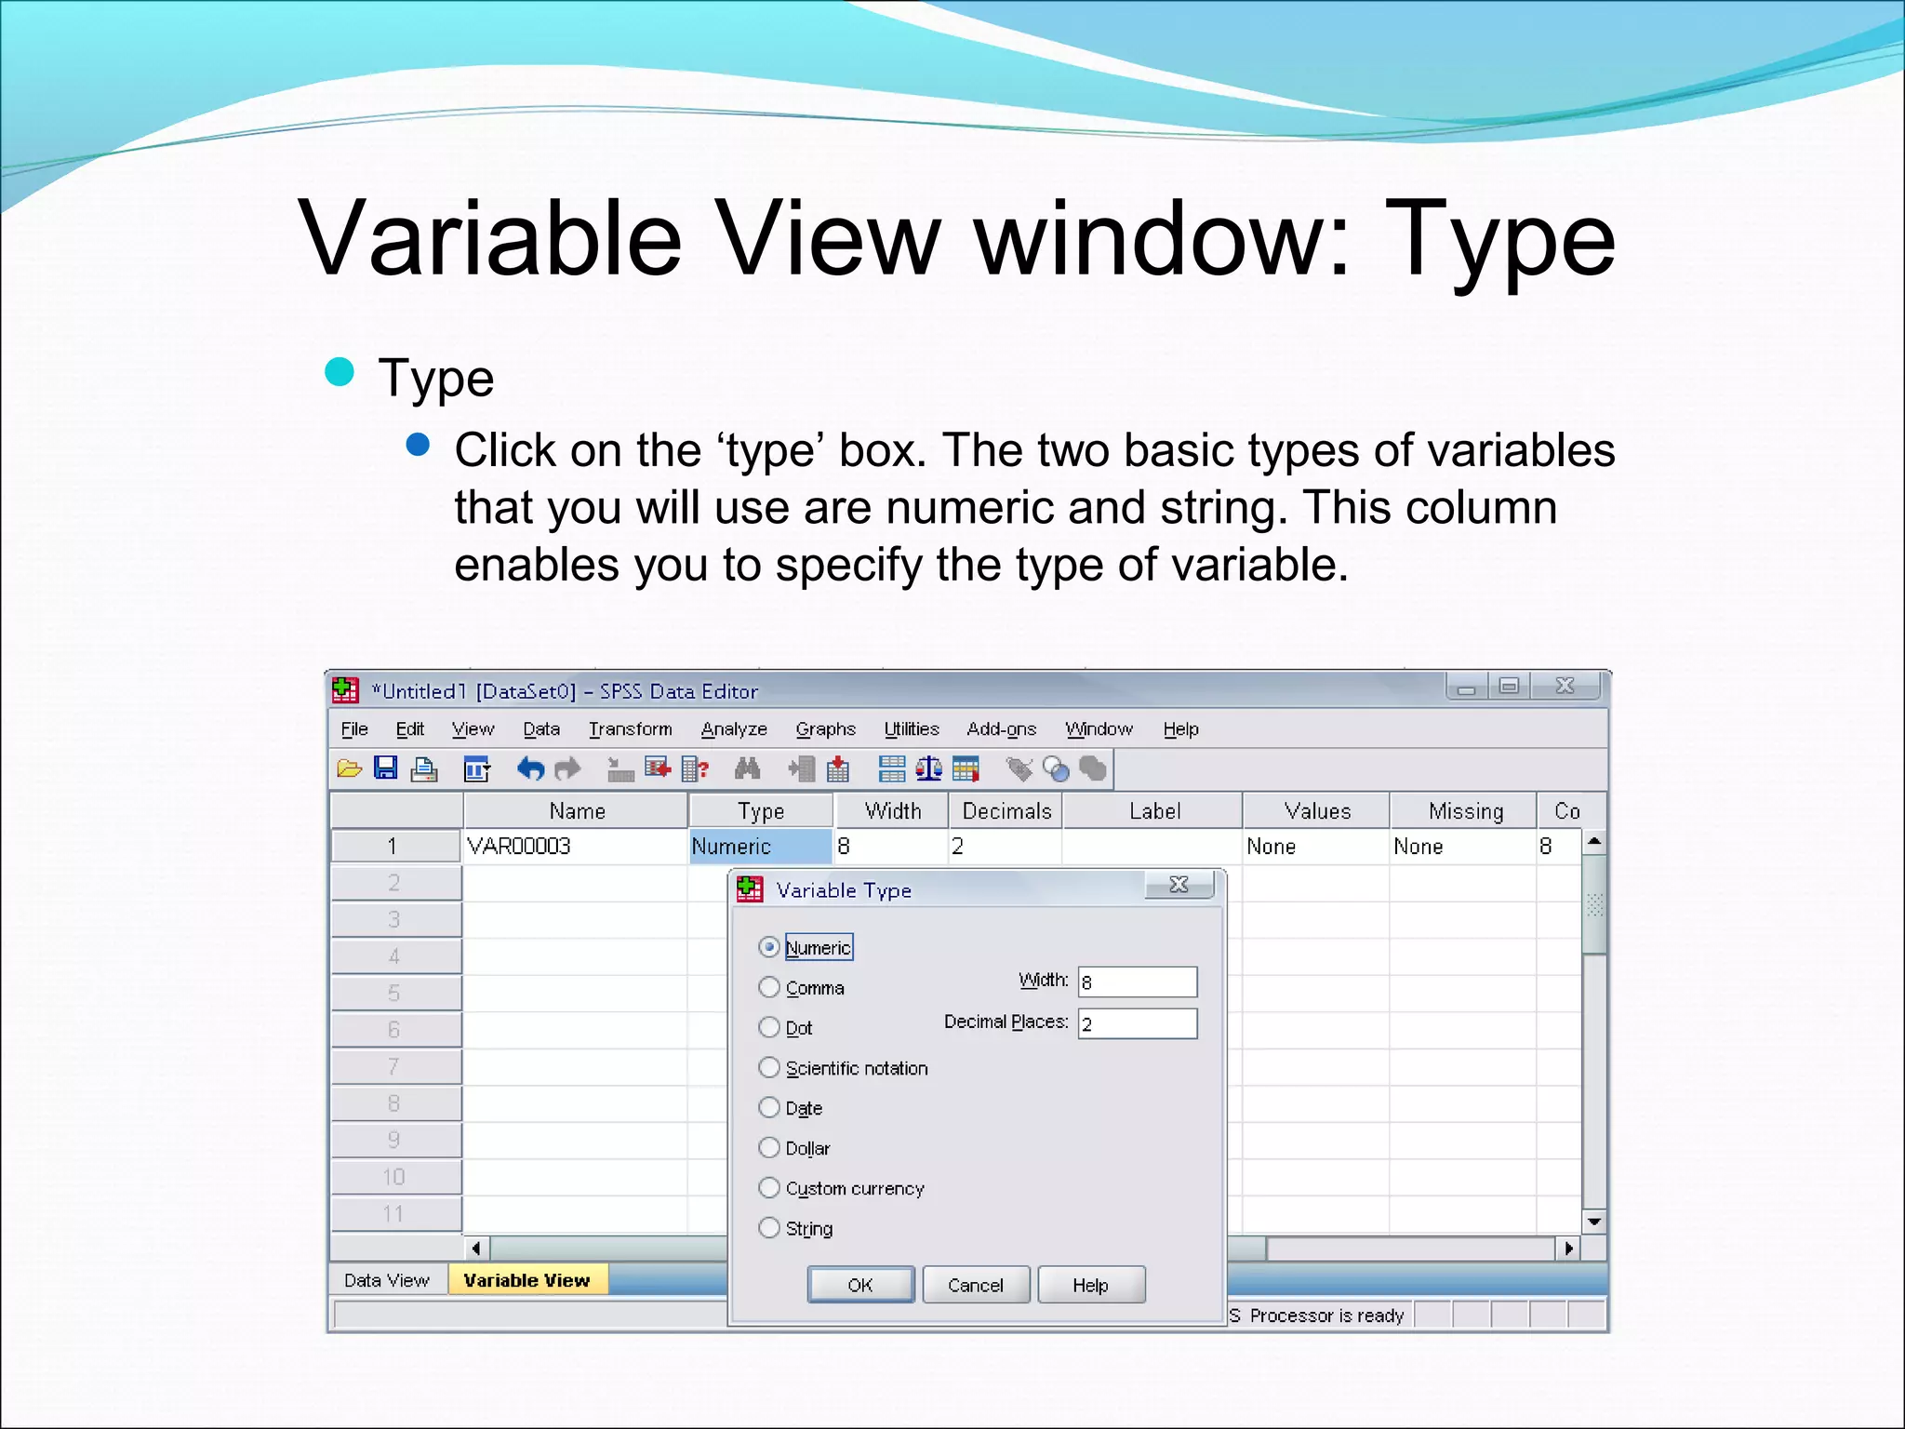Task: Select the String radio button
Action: [769, 1228]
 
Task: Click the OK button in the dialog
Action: [860, 1285]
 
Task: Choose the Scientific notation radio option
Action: [769, 1067]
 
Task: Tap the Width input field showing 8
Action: [1137, 982]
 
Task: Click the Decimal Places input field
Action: [1137, 1024]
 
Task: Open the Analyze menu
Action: [734, 729]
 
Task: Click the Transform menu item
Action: [630, 729]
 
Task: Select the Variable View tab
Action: [526, 1280]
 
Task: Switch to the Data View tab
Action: [386, 1280]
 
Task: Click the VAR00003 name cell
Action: [575, 847]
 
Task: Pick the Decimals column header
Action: [1006, 811]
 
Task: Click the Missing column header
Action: [1465, 811]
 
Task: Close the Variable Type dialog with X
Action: [1179, 885]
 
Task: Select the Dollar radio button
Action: [769, 1147]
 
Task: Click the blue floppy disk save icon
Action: [385, 768]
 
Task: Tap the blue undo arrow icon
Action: [530, 769]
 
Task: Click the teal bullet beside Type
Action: [340, 372]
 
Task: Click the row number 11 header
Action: [394, 1214]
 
